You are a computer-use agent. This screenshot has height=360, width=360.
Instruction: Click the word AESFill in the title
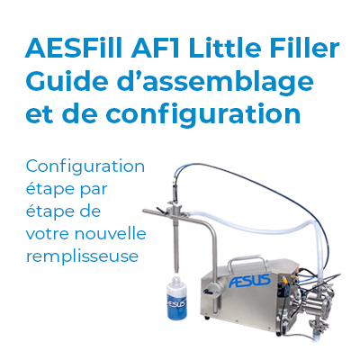[75, 48]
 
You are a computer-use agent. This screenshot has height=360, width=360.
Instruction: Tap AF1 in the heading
[155, 48]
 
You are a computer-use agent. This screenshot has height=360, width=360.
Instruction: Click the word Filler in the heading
[305, 48]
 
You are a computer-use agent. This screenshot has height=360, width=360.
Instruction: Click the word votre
[48, 234]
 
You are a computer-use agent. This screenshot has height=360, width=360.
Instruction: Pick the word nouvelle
[111, 233]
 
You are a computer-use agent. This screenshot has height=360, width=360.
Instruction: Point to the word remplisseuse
[83, 256]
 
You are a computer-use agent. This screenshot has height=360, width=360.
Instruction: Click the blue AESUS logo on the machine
[249, 281]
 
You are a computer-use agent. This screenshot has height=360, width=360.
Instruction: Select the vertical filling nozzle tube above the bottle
[176, 243]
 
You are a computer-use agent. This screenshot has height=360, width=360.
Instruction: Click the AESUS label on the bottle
[176, 302]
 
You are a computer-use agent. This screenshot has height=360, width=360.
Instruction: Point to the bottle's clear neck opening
[176, 280]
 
